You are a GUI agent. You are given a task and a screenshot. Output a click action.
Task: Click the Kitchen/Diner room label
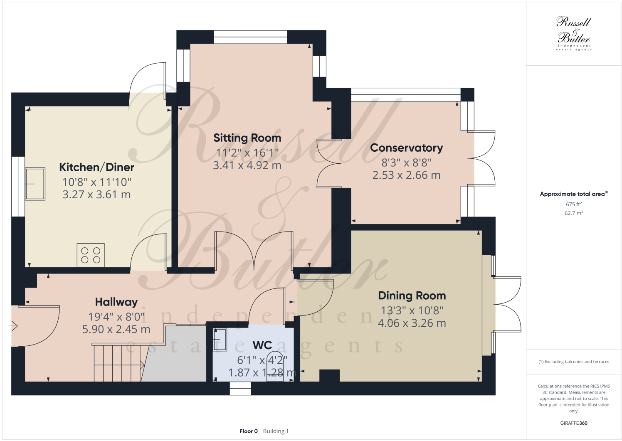(96, 167)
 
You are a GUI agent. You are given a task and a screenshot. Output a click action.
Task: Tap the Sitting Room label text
(247, 138)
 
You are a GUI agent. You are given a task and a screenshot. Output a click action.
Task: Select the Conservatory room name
(406, 148)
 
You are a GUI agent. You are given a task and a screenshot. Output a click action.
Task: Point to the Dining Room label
(412, 296)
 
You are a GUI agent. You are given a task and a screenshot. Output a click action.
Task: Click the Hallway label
(116, 302)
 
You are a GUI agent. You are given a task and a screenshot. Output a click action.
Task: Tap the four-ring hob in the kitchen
(91, 255)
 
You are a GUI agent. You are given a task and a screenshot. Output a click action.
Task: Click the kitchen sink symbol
(35, 184)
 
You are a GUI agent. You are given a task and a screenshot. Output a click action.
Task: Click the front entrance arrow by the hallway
(13, 326)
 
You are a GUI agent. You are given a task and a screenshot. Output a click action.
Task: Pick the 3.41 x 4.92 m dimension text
(247, 165)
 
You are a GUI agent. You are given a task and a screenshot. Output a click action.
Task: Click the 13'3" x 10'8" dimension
(412, 310)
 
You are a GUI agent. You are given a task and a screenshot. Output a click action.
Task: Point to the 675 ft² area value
(573, 204)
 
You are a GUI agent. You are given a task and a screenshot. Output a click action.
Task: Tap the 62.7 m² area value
(573, 213)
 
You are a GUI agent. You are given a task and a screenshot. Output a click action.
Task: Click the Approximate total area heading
(573, 194)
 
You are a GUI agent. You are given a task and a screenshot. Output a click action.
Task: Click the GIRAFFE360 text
(573, 423)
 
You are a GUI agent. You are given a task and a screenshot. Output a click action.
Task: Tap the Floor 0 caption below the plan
(249, 431)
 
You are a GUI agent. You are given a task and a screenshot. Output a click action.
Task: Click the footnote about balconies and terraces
(573, 362)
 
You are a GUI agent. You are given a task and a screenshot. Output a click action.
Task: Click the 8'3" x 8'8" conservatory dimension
(406, 163)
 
